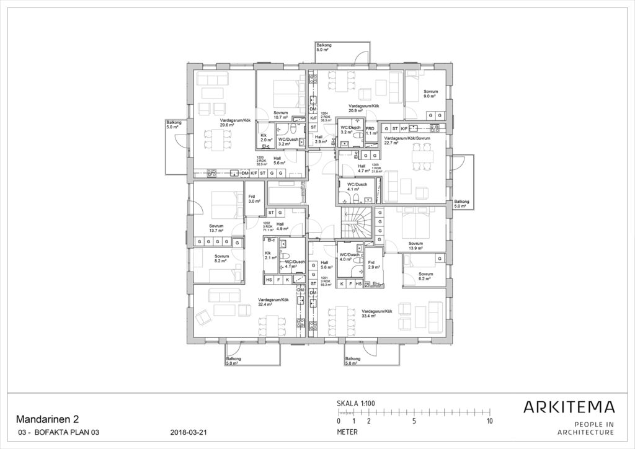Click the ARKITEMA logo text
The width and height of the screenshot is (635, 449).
point(569,407)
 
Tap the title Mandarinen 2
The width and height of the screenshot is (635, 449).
point(47,419)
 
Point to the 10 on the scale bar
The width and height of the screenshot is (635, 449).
point(489,421)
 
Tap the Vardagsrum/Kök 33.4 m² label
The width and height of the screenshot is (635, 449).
point(377,313)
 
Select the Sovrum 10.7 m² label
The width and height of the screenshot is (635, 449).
point(281,115)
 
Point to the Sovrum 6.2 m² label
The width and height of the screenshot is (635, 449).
point(425,276)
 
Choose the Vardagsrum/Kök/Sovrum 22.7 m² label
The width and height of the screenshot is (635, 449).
point(407,141)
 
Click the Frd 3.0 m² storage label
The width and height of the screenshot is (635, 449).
point(255,199)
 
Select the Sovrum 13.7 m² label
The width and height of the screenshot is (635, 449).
point(216,228)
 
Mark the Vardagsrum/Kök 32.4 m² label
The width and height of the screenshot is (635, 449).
point(273,303)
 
